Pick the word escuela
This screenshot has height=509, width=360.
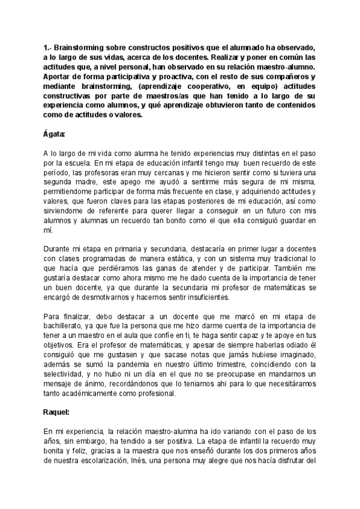[85, 163]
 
